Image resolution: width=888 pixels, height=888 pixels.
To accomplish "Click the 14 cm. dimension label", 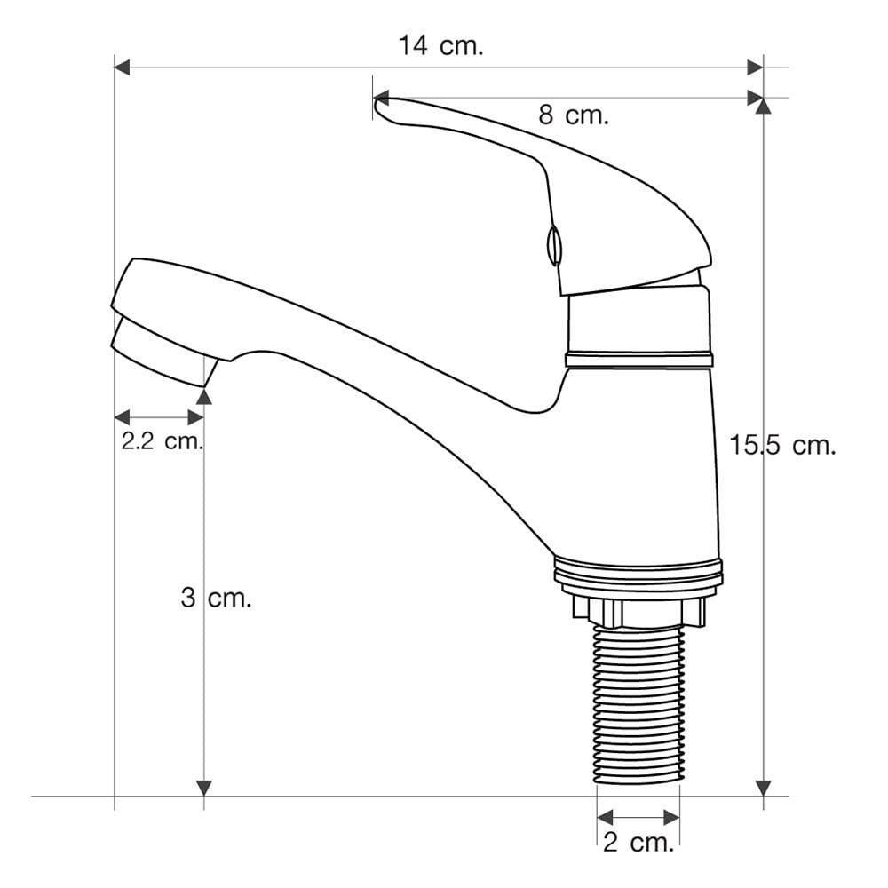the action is tap(441, 45).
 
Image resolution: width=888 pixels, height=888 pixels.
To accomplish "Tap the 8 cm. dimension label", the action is tap(573, 115).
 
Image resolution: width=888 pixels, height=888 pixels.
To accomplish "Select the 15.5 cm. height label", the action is tap(782, 445).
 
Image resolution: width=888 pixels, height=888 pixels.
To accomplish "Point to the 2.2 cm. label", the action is tap(162, 440).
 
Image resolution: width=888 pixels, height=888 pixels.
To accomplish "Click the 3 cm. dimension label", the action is tap(216, 598).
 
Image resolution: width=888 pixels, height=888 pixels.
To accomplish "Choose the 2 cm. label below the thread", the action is tap(638, 843).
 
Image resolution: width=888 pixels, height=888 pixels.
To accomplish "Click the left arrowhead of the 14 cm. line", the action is tap(122, 67).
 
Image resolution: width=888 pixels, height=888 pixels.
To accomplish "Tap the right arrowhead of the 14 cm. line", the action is tap(755, 67).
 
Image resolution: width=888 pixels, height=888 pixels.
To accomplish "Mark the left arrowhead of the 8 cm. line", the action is tap(381, 98).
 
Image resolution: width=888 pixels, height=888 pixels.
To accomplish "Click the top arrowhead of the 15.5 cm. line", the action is tap(764, 106).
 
